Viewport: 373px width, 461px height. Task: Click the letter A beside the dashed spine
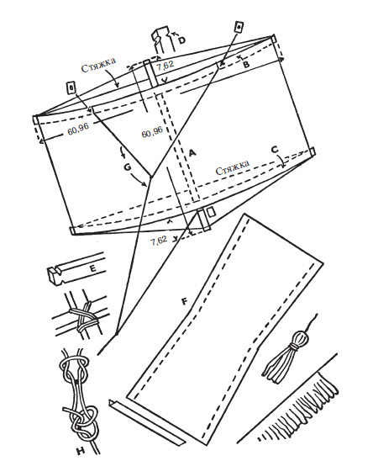tap(192, 153)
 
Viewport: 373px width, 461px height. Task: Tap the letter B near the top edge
tap(246, 64)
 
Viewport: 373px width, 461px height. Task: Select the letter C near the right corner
tap(275, 150)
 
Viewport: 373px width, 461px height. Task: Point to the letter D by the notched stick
tap(181, 40)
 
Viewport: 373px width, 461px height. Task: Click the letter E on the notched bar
tap(92, 268)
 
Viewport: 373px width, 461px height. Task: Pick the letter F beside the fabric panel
tap(185, 301)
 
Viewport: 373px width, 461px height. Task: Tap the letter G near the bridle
tap(128, 167)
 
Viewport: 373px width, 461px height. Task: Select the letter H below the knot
tap(80, 450)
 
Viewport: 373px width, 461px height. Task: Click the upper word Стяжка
tap(98, 65)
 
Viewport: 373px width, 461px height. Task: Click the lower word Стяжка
tap(233, 167)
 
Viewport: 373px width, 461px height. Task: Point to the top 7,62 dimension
tap(165, 65)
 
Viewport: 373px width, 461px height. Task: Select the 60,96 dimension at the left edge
tap(78, 130)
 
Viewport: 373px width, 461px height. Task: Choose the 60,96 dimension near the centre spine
tap(152, 132)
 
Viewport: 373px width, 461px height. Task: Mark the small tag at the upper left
tap(71, 87)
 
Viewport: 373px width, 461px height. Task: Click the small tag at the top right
tap(239, 27)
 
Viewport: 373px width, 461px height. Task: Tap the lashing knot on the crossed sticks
tap(82, 317)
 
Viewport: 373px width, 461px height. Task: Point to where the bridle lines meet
tap(151, 177)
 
